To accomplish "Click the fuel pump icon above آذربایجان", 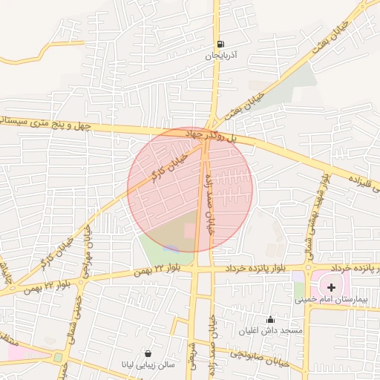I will [x=220, y=45].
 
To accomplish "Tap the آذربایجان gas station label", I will [x=220, y=56].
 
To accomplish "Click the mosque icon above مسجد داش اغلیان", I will [x=270, y=319].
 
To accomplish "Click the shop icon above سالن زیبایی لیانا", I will [x=149, y=354].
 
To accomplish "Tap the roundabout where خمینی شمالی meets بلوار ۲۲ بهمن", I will [x=57, y=357].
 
